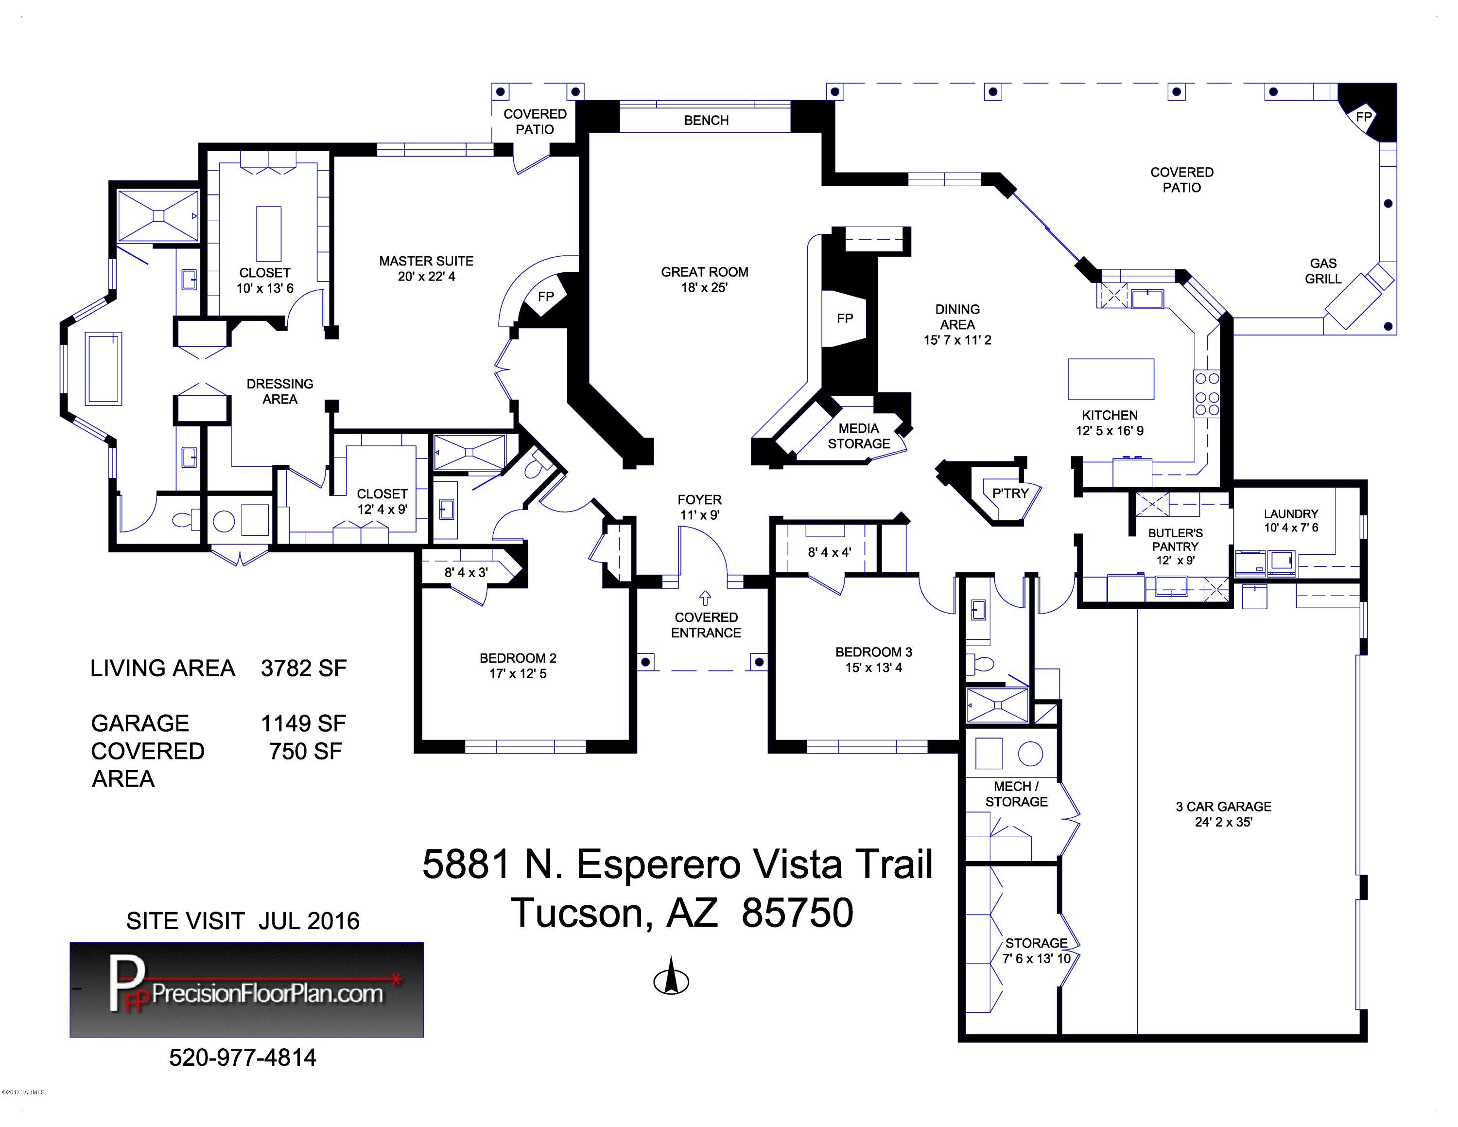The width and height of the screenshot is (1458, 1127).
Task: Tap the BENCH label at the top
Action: coord(706,120)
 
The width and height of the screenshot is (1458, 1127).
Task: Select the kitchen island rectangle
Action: coord(1111,379)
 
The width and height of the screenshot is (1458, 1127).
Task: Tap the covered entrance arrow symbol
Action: coord(706,597)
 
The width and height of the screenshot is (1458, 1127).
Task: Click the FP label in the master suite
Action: coord(545,297)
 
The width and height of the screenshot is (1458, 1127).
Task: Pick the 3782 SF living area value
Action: coord(304,669)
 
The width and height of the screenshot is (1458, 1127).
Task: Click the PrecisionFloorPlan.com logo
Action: coord(246,989)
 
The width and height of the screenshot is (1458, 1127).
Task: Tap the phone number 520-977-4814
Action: coord(243,1057)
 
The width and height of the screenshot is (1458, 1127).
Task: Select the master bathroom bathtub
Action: coord(104,369)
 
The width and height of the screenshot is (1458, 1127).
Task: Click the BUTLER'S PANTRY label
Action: coord(1176,540)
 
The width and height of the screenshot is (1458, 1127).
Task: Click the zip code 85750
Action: coord(797,913)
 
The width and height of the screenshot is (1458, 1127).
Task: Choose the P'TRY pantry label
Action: coord(1010,493)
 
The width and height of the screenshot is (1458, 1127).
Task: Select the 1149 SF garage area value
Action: coord(304,723)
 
